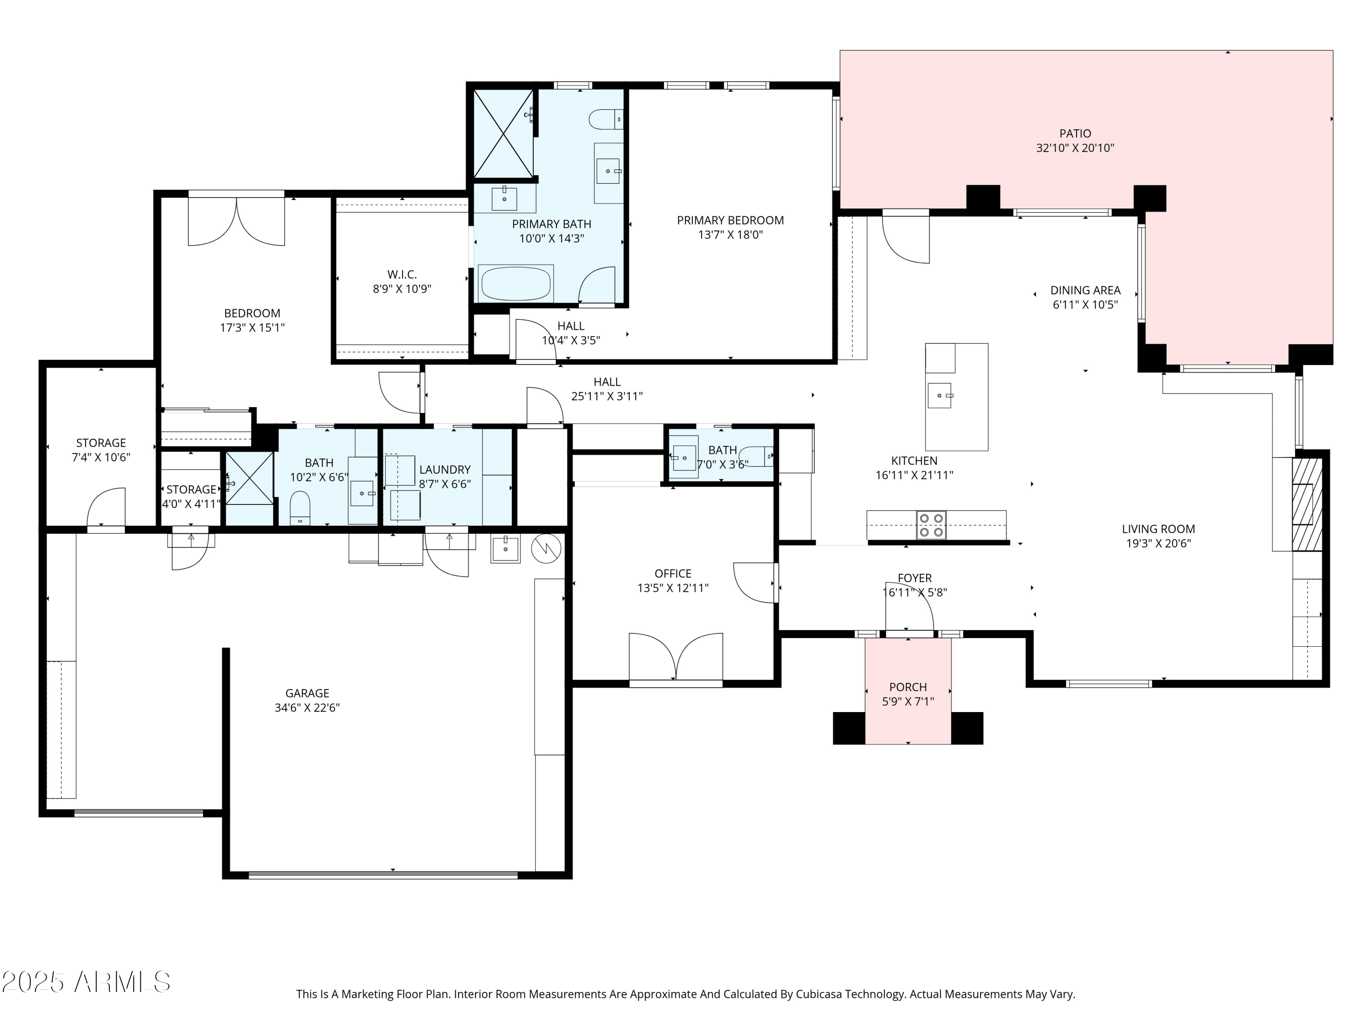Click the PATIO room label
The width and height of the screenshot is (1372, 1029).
pyautogui.click(x=1075, y=134)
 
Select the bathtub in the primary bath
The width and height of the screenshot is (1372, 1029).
pyautogui.click(x=515, y=284)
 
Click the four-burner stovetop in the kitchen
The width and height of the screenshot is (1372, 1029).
pyautogui.click(x=931, y=525)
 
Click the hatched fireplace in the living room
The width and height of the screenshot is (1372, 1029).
pyautogui.click(x=1307, y=504)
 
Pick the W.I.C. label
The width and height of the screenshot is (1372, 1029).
pyautogui.click(x=402, y=274)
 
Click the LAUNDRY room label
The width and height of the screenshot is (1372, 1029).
pyautogui.click(x=445, y=470)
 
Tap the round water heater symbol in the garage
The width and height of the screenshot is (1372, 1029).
pyautogui.click(x=546, y=548)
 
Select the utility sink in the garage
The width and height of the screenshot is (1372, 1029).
pyautogui.click(x=505, y=548)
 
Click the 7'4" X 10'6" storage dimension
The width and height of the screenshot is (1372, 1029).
pyautogui.click(x=101, y=458)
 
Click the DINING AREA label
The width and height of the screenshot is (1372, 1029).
pyautogui.click(x=1085, y=290)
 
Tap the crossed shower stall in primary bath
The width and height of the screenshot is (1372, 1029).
pyautogui.click(x=503, y=134)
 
